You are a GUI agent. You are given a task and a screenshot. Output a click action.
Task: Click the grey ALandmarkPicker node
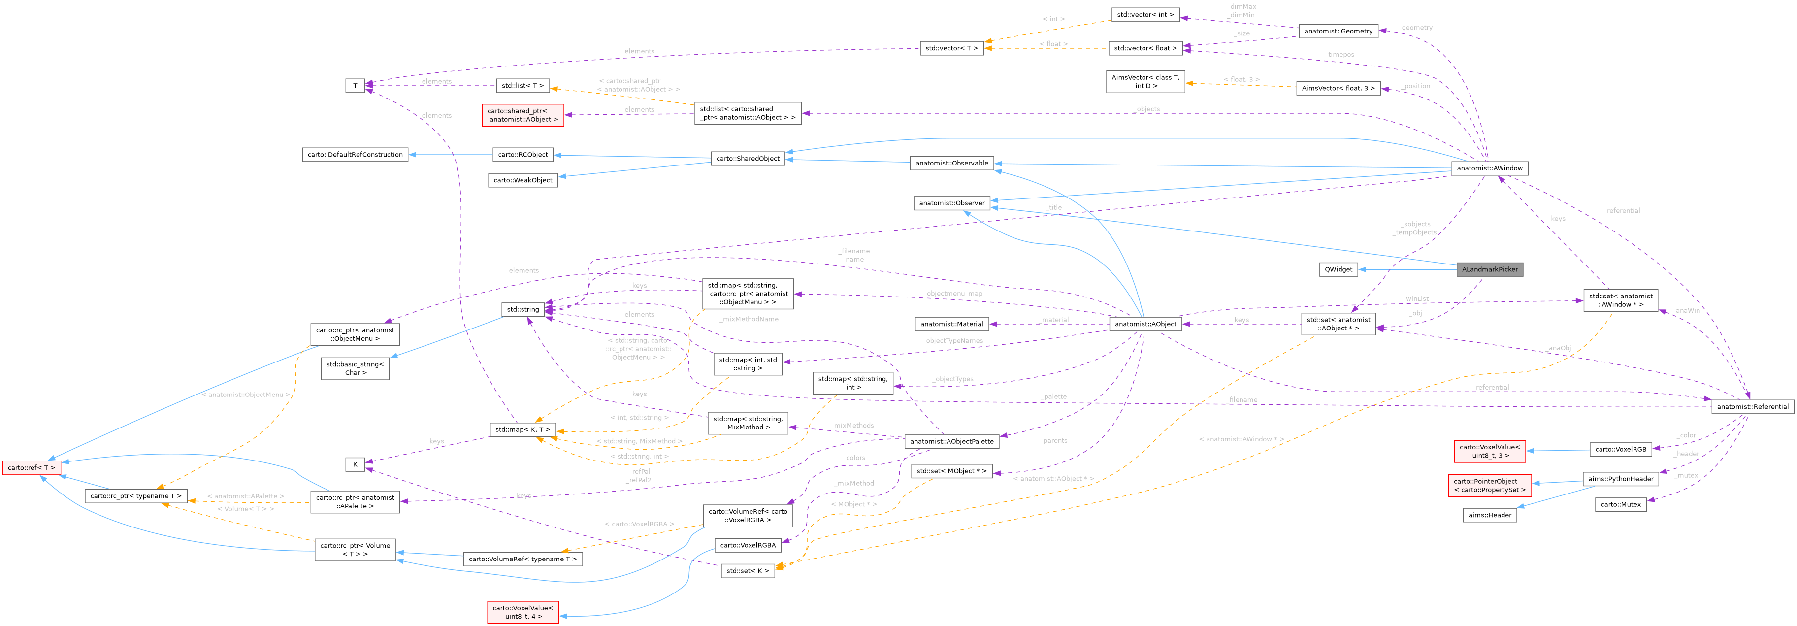tap(1489, 269)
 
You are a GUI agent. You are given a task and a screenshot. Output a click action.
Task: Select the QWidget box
tap(1338, 269)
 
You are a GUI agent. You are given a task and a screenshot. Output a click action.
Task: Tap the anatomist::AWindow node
tap(1489, 168)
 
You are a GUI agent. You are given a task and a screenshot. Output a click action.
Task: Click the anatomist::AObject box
tap(1145, 324)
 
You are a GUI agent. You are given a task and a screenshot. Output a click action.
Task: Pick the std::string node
tap(523, 309)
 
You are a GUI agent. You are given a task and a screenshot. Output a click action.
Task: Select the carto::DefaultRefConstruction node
tap(355, 154)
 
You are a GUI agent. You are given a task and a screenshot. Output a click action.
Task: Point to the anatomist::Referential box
tap(1752, 407)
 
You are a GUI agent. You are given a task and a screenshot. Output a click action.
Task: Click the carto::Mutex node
tap(1620, 504)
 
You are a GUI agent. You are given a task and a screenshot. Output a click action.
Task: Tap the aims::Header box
tap(1489, 515)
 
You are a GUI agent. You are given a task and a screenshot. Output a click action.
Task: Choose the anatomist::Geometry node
tap(1338, 31)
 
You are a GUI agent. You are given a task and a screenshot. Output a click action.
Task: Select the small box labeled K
tap(355, 464)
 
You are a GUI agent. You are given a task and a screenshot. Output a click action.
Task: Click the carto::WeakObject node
tap(523, 180)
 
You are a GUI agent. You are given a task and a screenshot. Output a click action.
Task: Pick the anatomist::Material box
tap(951, 324)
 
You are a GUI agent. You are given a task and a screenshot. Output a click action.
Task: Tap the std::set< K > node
tap(747, 571)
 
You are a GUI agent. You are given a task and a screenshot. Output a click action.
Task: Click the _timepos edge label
tap(1340, 55)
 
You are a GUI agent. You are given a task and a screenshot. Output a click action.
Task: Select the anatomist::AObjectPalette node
tap(951, 441)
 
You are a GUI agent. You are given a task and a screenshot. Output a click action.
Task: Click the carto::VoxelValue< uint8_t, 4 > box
tap(523, 612)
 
